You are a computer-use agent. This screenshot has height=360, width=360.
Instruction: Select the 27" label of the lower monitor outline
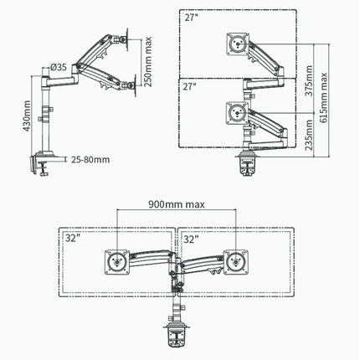191,86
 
